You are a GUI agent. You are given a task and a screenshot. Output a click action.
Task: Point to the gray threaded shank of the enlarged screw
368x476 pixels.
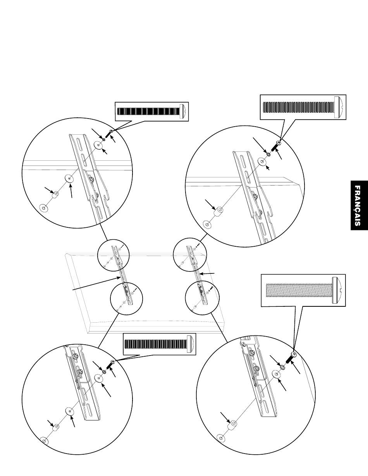coord(298,290)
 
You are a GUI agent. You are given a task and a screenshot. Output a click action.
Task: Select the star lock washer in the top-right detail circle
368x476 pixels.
coord(269,154)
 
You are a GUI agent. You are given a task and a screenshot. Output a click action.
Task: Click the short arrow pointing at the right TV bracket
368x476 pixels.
coord(209,274)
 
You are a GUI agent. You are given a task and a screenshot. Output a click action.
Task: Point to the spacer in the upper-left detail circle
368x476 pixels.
coord(56,194)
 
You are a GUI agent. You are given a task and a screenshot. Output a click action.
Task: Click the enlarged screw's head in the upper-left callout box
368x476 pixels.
coord(184,111)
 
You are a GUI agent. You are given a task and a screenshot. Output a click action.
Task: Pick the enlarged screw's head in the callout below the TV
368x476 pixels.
coord(191,344)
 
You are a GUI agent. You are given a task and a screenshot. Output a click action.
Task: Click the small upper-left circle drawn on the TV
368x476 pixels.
coord(112,256)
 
